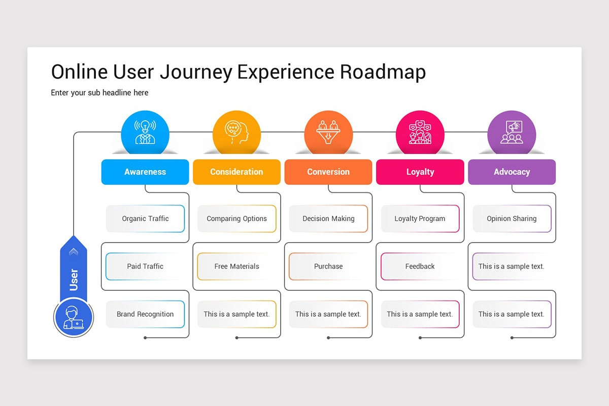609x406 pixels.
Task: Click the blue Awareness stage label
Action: pos(145,172)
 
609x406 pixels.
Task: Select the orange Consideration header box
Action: pos(236,172)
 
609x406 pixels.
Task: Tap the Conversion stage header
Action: pos(328,172)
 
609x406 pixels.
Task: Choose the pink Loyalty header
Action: pos(420,172)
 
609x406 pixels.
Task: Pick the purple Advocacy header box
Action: pos(512,172)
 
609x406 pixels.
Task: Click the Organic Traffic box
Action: pos(145,219)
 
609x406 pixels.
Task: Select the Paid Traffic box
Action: pos(145,266)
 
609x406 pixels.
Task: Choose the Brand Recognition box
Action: pos(145,314)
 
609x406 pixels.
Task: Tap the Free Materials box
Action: pos(236,266)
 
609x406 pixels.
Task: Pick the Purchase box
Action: pos(328,266)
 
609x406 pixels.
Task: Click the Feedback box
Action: pos(420,266)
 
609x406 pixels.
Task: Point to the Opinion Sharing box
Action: pos(512,219)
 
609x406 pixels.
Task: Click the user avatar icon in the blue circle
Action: pos(74,318)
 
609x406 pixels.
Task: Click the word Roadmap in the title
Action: pos(383,72)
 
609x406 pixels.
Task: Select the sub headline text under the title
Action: pos(99,93)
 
